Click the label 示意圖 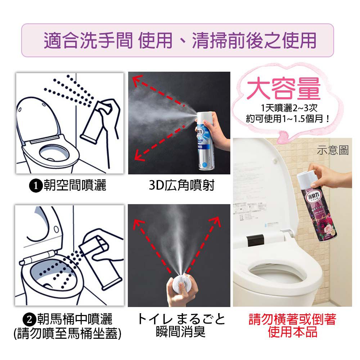point(333,150)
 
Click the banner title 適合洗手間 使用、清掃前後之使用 point(180,40)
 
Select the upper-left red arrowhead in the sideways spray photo point(136,80)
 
